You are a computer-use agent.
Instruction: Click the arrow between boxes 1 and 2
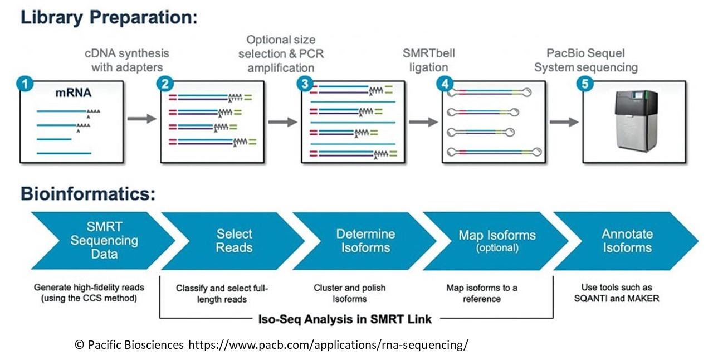tap(141, 119)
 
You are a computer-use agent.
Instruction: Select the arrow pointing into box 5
tap(563, 122)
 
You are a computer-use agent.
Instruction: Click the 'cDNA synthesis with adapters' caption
tap(127, 61)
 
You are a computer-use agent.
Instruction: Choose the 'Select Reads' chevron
tap(234, 241)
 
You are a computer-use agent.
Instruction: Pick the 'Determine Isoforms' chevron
tap(365, 241)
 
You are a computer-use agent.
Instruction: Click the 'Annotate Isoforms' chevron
tap(627, 241)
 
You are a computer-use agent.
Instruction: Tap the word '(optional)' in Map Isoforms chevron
tap(497, 248)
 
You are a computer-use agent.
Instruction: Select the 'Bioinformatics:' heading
tap(87, 194)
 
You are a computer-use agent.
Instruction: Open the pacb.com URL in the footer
tap(328, 344)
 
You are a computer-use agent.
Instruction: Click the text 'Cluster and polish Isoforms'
tap(349, 294)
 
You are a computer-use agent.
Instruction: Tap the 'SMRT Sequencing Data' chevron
tap(104, 241)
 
